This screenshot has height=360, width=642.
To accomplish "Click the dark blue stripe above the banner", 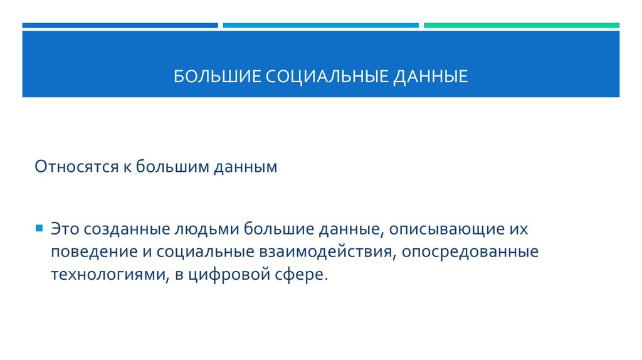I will coord(120,26).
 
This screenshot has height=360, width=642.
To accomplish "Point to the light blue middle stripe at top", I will coord(320,26).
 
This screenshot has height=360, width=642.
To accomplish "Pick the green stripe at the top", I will coord(521,26).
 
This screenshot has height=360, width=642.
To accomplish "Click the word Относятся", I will coord(73,168).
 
